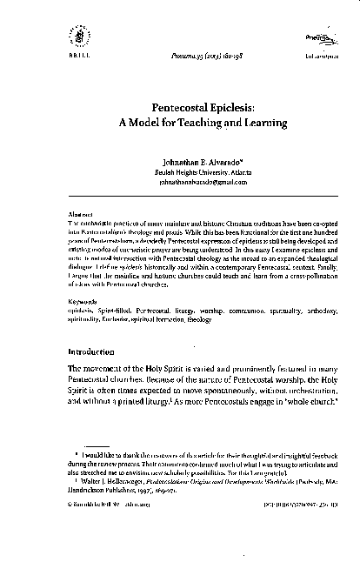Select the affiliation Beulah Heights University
click(x=199, y=173)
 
